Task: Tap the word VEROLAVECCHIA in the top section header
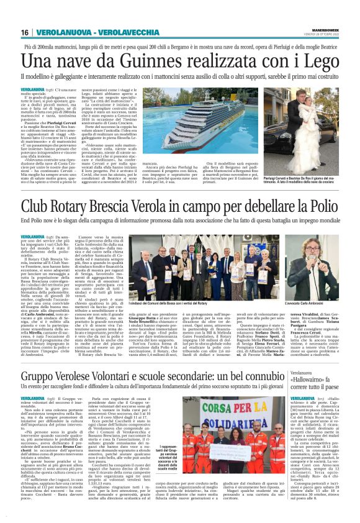[x=115, y=32]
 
